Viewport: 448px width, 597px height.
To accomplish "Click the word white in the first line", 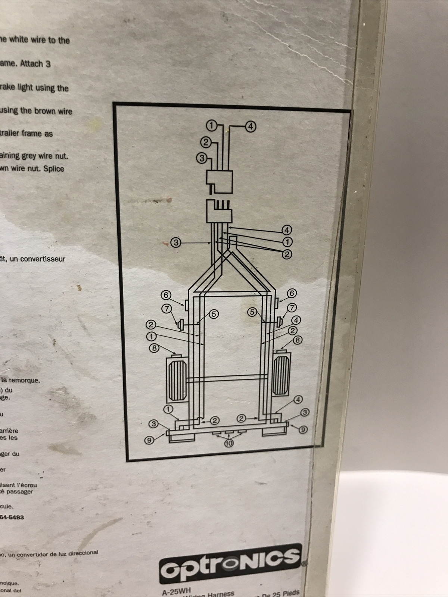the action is click(22, 40).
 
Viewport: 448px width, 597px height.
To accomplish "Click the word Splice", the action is click(53, 168).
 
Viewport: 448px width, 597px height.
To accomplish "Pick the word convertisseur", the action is click(43, 259).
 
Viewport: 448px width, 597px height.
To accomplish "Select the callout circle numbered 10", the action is click(229, 443).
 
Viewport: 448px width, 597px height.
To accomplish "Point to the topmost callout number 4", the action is click(251, 126).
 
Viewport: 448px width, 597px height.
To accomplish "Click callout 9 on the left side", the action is click(149, 440).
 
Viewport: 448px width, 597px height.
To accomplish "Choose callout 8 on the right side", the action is click(298, 340).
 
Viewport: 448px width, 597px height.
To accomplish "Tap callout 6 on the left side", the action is click(166, 295).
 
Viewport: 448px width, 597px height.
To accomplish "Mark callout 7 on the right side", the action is click(292, 307).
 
